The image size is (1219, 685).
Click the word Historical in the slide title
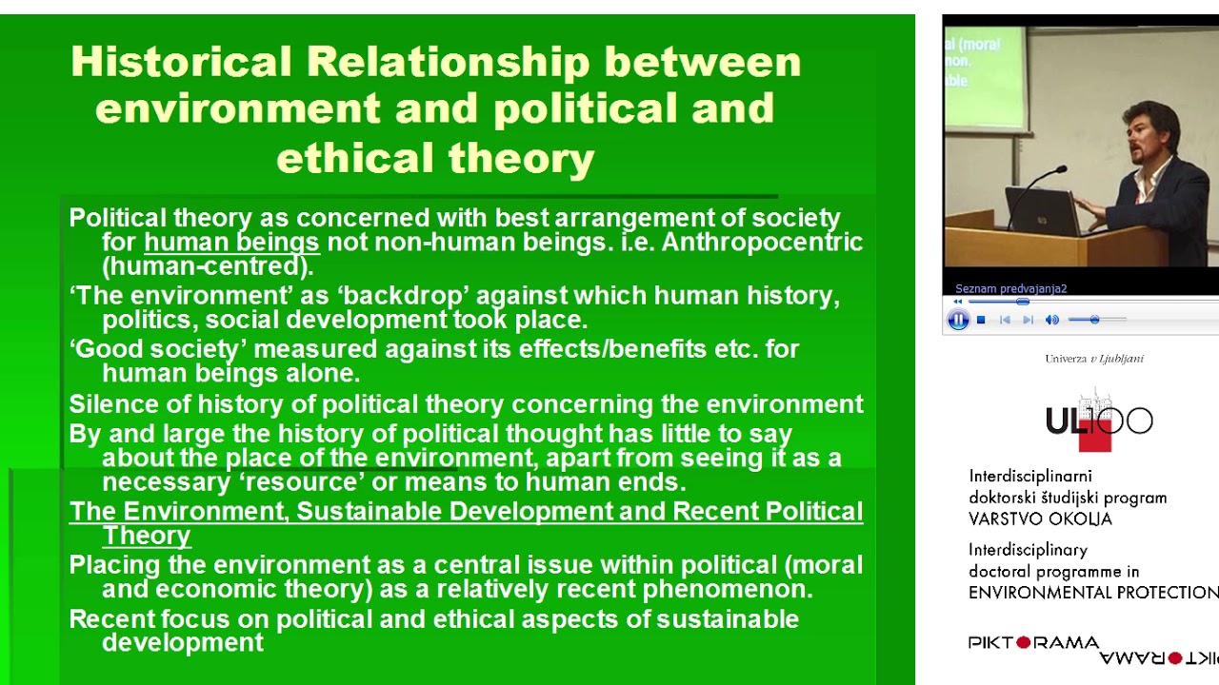[181, 63]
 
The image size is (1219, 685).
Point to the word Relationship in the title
[448, 63]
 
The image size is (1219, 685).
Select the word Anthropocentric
[762, 243]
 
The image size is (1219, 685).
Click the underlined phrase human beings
[231, 243]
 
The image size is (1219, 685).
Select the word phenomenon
[727, 589]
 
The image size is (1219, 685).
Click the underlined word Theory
[146, 536]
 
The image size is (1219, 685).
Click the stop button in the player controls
[981, 321]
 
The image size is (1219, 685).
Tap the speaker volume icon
[1051, 321]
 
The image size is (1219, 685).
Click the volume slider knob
[1094, 320]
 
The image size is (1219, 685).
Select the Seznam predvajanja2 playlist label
[1010, 288]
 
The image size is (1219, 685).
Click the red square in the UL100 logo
[1095, 439]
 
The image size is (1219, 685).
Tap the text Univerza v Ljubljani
[1094, 359]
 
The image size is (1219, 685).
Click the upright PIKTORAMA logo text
[1033, 642]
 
